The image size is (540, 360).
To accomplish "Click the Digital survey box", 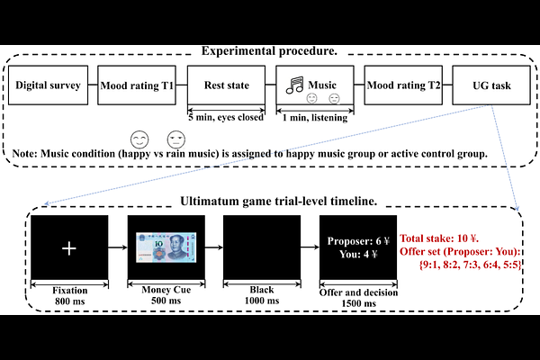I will click(x=49, y=87).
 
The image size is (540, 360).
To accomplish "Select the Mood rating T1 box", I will click(x=137, y=87).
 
